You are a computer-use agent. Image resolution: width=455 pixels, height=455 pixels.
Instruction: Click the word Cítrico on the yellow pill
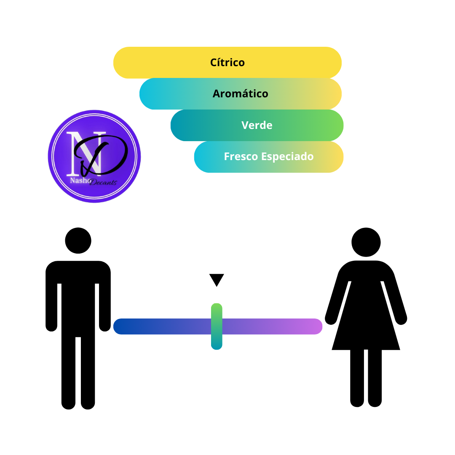point(227,62)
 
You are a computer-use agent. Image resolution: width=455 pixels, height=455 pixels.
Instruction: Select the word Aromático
point(240,94)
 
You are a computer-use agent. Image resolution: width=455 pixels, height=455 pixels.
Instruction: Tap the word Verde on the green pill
point(257,125)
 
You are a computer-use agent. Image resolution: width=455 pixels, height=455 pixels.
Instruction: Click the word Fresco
point(241,156)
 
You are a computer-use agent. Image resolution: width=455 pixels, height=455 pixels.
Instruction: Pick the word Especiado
point(287,157)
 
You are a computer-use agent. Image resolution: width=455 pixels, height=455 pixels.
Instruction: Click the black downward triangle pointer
point(217,280)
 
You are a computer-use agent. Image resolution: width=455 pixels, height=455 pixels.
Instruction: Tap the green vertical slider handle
point(217,327)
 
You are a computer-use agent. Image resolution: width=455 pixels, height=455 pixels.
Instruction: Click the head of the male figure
point(78,241)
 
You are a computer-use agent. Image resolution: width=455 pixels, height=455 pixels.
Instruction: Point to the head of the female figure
point(366,242)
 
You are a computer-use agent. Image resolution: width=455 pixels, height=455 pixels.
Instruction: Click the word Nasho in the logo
point(80,180)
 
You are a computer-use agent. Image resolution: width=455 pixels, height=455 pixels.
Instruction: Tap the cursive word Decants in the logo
point(103,182)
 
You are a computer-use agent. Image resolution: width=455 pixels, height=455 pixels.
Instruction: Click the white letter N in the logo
point(86,153)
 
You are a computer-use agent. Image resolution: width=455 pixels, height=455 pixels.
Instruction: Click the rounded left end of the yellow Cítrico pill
point(122,63)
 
